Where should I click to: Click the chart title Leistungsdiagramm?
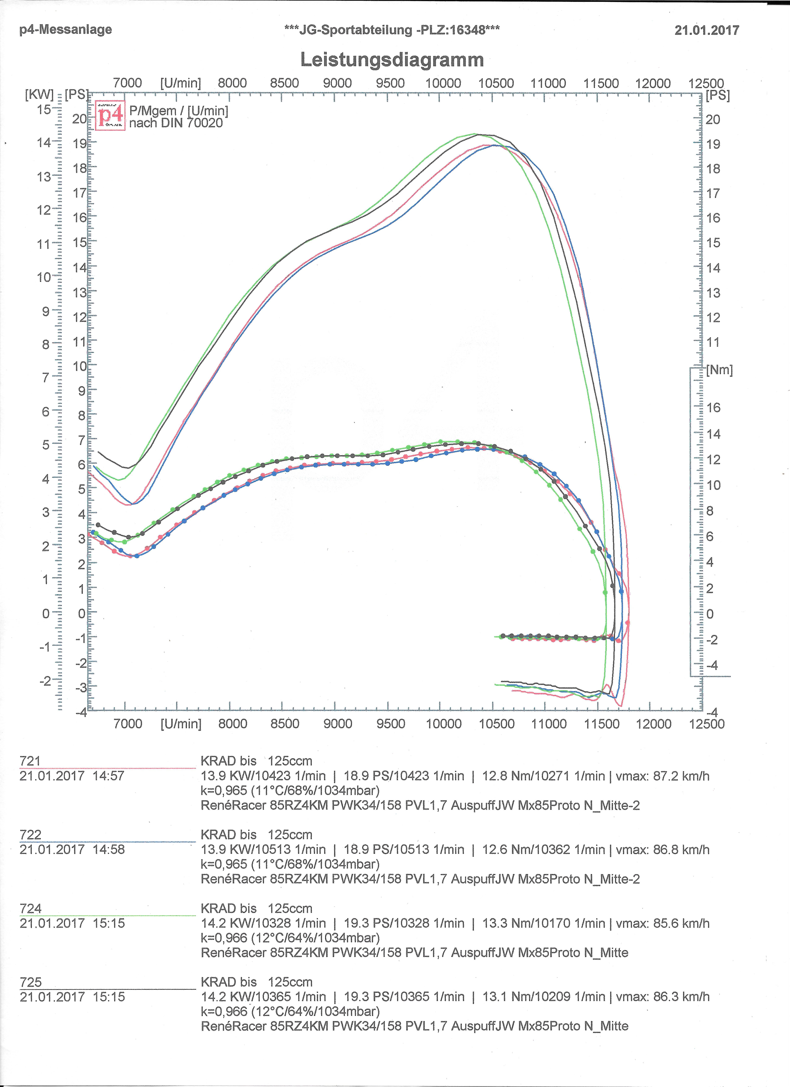coord(392,60)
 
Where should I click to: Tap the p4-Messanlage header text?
coord(66,29)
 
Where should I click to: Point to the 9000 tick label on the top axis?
coord(337,83)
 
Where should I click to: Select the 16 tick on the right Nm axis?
coord(713,407)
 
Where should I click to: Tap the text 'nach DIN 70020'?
coord(176,123)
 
